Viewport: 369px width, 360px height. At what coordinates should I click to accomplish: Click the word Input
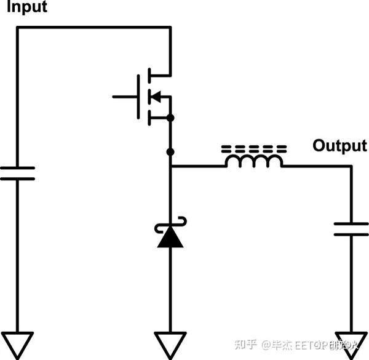26,8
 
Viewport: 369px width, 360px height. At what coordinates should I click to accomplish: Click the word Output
339,146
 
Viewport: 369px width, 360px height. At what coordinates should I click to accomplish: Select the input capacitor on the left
17,173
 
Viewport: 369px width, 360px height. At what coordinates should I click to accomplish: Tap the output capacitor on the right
351,230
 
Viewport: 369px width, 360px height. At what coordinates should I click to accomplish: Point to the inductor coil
254,161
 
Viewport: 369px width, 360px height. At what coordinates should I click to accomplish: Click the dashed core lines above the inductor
253,149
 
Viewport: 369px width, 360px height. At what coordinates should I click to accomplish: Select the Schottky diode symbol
170,234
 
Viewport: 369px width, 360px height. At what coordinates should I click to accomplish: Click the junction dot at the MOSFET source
170,117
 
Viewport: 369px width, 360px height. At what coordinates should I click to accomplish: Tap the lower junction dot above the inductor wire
170,151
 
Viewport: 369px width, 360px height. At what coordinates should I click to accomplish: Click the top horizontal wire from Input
92,27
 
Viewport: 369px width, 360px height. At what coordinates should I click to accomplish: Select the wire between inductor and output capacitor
317,166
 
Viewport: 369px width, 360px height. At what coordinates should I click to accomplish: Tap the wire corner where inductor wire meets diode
170,166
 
